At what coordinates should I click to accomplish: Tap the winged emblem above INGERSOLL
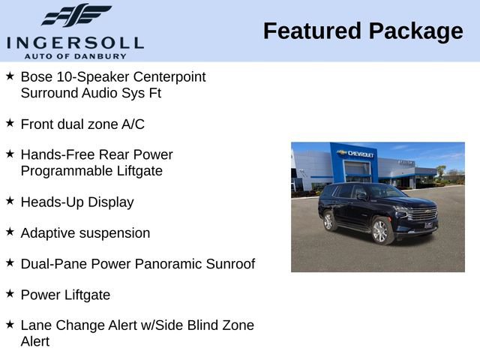(x=76, y=16)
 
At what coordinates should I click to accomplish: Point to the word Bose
(x=36, y=76)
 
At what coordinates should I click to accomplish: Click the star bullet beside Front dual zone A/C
(x=10, y=122)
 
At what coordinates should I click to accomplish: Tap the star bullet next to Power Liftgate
(x=10, y=293)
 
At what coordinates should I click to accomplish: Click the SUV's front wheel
(x=380, y=232)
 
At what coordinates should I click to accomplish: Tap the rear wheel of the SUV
(x=328, y=221)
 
